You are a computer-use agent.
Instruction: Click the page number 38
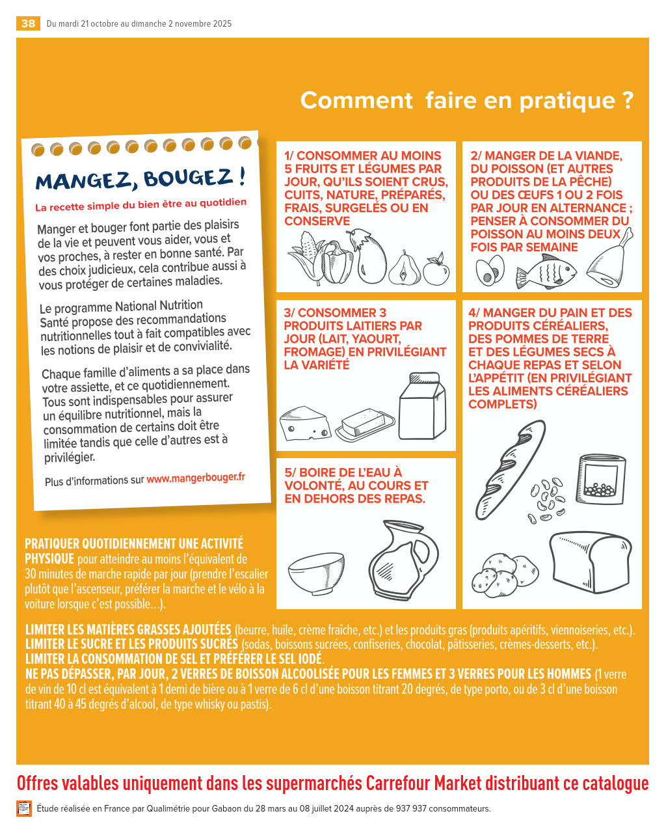(x=28, y=23)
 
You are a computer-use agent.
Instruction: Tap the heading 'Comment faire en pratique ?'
(x=467, y=101)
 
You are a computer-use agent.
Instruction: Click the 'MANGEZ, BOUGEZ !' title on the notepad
(x=140, y=179)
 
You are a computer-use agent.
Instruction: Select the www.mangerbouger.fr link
(x=196, y=478)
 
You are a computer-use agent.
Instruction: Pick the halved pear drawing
(x=405, y=268)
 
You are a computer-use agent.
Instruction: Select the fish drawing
(x=546, y=271)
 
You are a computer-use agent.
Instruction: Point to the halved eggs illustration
(x=490, y=270)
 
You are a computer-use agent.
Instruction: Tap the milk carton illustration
(x=422, y=406)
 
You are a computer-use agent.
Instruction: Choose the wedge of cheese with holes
(x=305, y=424)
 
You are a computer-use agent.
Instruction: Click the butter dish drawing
(x=365, y=424)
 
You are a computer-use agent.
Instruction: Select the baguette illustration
(x=510, y=469)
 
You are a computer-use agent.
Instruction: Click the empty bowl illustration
(x=316, y=573)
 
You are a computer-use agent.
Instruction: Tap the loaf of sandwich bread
(x=590, y=562)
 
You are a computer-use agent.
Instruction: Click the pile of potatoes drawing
(x=504, y=575)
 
